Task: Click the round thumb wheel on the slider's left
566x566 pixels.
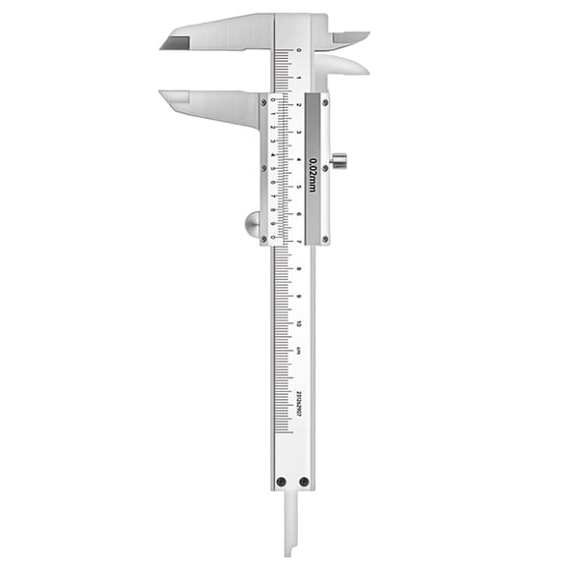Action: tap(252, 224)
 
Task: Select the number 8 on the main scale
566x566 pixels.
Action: tap(299, 268)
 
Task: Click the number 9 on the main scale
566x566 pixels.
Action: tap(299, 296)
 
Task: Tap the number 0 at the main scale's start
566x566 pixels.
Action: tap(299, 48)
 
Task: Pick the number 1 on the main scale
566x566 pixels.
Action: tap(299, 76)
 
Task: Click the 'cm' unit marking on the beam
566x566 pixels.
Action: tap(299, 349)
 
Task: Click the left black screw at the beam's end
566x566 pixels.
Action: tap(281, 481)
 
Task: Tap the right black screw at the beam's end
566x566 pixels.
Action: tap(304, 481)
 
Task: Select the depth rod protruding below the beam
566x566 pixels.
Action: tap(292, 526)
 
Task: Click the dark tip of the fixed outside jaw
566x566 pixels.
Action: tap(174, 41)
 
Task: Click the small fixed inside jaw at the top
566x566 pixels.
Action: tap(350, 37)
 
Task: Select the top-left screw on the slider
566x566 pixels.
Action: tap(263, 99)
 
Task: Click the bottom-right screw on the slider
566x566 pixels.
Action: tap(325, 238)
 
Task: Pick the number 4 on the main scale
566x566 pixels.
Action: tap(299, 158)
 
